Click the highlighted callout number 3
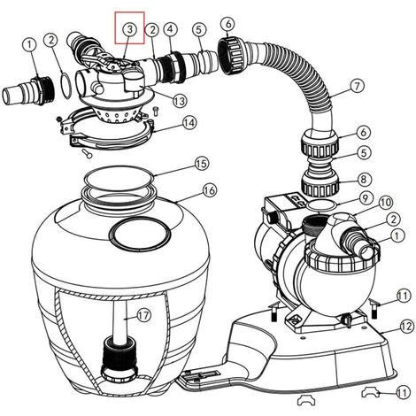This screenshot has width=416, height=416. [130, 29]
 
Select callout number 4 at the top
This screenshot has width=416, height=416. [171, 29]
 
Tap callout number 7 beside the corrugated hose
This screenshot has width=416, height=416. [358, 86]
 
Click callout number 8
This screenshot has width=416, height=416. [363, 179]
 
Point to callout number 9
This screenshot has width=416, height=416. [366, 198]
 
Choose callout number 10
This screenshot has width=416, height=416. [386, 202]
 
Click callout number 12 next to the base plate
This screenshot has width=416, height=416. [407, 327]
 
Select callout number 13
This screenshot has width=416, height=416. [180, 101]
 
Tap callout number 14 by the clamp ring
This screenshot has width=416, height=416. [189, 122]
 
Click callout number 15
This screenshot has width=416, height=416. [202, 163]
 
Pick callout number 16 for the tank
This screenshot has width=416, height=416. [210, 190]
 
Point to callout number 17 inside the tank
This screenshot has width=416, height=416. [144, 316]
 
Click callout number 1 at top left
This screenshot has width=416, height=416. [29, 45]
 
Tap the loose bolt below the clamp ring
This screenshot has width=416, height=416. [86, 153]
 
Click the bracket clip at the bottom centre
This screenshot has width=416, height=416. [306, 400]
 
